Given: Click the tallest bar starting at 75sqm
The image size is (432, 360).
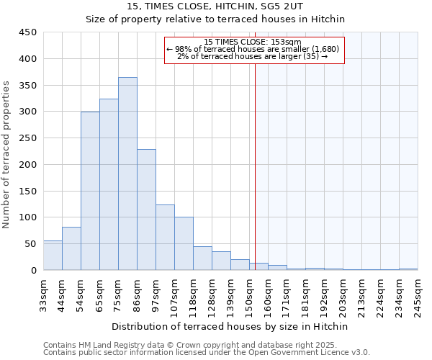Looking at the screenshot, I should click(127, 174).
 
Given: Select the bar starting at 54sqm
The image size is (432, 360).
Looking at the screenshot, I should click(90, 191).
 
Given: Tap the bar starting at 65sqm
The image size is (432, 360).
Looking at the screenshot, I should click(109, 184).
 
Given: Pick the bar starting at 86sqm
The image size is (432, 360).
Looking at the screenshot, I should click(146, 210).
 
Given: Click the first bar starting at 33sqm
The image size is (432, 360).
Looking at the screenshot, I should click(53, 256).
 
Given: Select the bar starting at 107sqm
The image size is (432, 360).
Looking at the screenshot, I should click(184, 243).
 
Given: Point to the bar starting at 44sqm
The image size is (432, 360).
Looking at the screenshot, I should click(71, 248).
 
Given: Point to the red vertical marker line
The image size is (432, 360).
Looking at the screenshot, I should click(255, 166).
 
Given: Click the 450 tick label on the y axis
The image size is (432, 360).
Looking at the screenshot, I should click(28, 32).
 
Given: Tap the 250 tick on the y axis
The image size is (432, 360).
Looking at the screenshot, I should click(28, 138).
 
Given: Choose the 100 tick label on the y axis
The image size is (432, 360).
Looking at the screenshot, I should click(28, 217).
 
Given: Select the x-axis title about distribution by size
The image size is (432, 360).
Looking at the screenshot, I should click(231, 326).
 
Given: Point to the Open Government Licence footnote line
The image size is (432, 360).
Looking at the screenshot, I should click(207, 353).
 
